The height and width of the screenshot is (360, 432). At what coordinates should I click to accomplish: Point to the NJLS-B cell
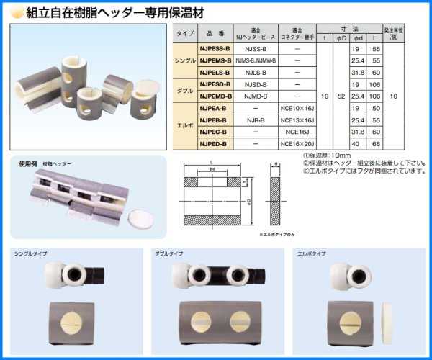pos(256,73)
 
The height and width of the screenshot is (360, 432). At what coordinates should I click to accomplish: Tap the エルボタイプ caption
pos(311,254)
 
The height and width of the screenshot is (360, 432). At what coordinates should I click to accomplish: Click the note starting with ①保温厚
pos(328,155)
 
